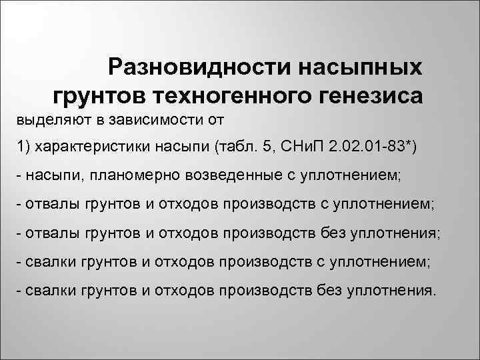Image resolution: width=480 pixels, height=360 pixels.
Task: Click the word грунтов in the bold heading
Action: pyautogui.click(x=100, y=96)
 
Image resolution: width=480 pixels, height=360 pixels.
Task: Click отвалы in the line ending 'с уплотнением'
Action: pyautogui.click(x=48, y=204)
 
